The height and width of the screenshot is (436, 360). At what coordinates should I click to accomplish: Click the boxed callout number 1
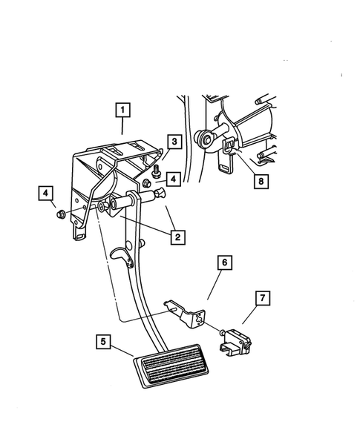click(122, 111)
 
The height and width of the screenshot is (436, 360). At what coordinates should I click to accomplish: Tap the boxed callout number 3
click(172, 141)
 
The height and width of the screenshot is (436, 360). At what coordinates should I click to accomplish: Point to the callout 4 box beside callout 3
click(172, 179)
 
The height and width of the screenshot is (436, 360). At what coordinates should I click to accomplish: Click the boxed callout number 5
click(104, 342)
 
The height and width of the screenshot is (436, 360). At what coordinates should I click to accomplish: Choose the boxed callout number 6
click(224, 262)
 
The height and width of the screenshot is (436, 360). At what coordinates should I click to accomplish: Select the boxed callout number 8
click(258, 179)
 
